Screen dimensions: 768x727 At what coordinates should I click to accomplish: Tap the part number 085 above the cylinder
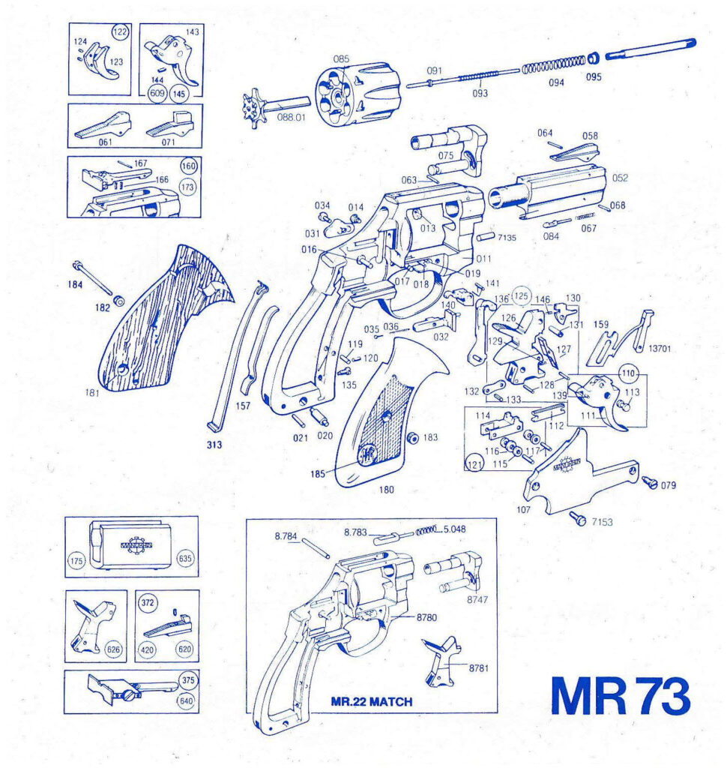(342, 58)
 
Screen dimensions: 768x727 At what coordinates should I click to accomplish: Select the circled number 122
(119, 31)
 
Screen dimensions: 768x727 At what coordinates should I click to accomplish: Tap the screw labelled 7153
(578, 517)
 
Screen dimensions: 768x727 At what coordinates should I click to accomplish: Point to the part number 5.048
(454, 528)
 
